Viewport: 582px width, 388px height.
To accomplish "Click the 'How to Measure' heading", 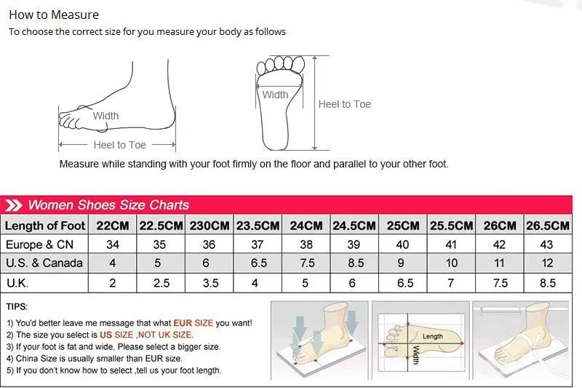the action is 54,15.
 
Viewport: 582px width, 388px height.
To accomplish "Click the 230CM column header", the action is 210,226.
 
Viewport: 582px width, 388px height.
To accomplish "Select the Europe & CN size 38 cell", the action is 306,245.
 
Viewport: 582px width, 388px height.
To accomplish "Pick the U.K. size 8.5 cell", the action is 548,283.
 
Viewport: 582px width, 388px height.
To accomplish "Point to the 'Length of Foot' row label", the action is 45,226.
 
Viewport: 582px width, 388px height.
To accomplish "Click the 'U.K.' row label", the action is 17,283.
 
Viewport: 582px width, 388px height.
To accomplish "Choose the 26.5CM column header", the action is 548,226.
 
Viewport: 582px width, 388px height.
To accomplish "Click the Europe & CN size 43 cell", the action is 547,245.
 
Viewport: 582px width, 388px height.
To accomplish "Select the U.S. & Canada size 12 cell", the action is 548,263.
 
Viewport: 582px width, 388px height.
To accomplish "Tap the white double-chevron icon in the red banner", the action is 13,205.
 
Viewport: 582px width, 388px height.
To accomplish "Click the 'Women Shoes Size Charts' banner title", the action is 108,205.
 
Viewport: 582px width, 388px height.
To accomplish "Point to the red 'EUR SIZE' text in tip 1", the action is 194,323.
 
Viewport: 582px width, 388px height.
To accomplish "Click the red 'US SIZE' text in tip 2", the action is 116,335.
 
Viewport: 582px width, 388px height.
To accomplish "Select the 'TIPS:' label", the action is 17,306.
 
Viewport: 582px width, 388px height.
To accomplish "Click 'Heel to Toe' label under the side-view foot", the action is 119,145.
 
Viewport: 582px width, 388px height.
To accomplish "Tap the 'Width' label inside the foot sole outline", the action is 275,95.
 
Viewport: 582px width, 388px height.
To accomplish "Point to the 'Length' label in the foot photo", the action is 432,336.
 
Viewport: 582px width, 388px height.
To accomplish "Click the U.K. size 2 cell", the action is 113,283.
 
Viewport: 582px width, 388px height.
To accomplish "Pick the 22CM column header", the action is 113,226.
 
